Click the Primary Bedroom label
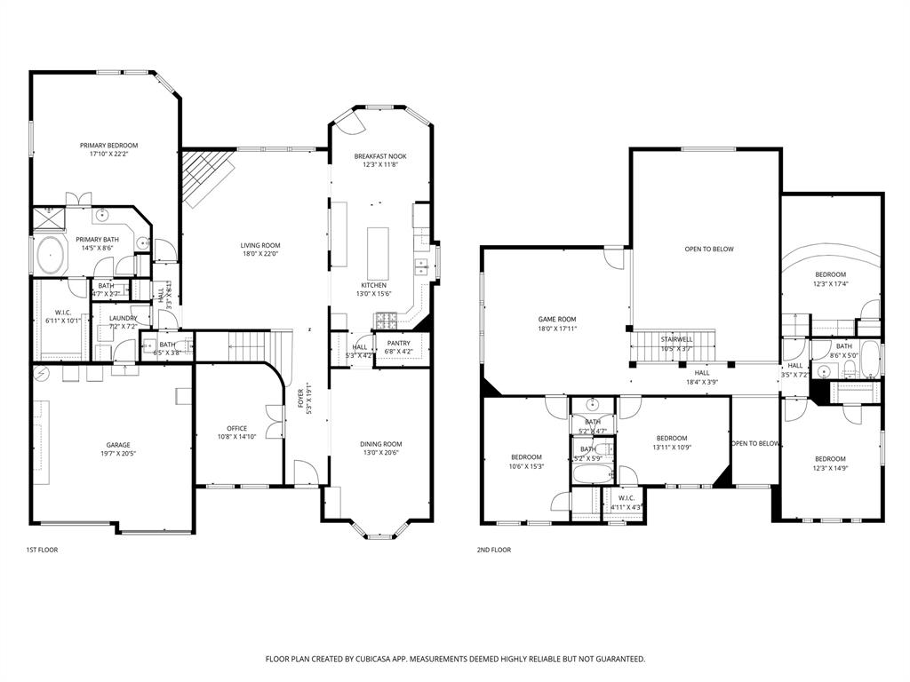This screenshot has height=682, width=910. coord(108,146)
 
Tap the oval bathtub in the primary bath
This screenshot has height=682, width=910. coord(51,256)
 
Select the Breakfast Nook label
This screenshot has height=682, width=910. coord(380,156)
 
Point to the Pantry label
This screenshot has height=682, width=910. coord(398,343)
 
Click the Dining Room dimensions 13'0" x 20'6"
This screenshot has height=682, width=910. coord(380,453)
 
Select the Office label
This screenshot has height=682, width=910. coord(236,428)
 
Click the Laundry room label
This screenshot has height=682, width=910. coord(123,318)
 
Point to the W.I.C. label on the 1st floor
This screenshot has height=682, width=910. coord(62,312)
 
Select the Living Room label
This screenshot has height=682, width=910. coord(260,245)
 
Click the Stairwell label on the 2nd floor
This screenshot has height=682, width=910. coord(676,339)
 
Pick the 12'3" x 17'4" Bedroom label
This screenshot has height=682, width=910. coord(831,274)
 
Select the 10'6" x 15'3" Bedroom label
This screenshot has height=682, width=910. coord(525,457)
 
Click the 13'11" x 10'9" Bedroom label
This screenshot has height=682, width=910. coord(672,438)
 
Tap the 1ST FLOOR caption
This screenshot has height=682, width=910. coord(42,551)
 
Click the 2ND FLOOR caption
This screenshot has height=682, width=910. coord(494,551)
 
